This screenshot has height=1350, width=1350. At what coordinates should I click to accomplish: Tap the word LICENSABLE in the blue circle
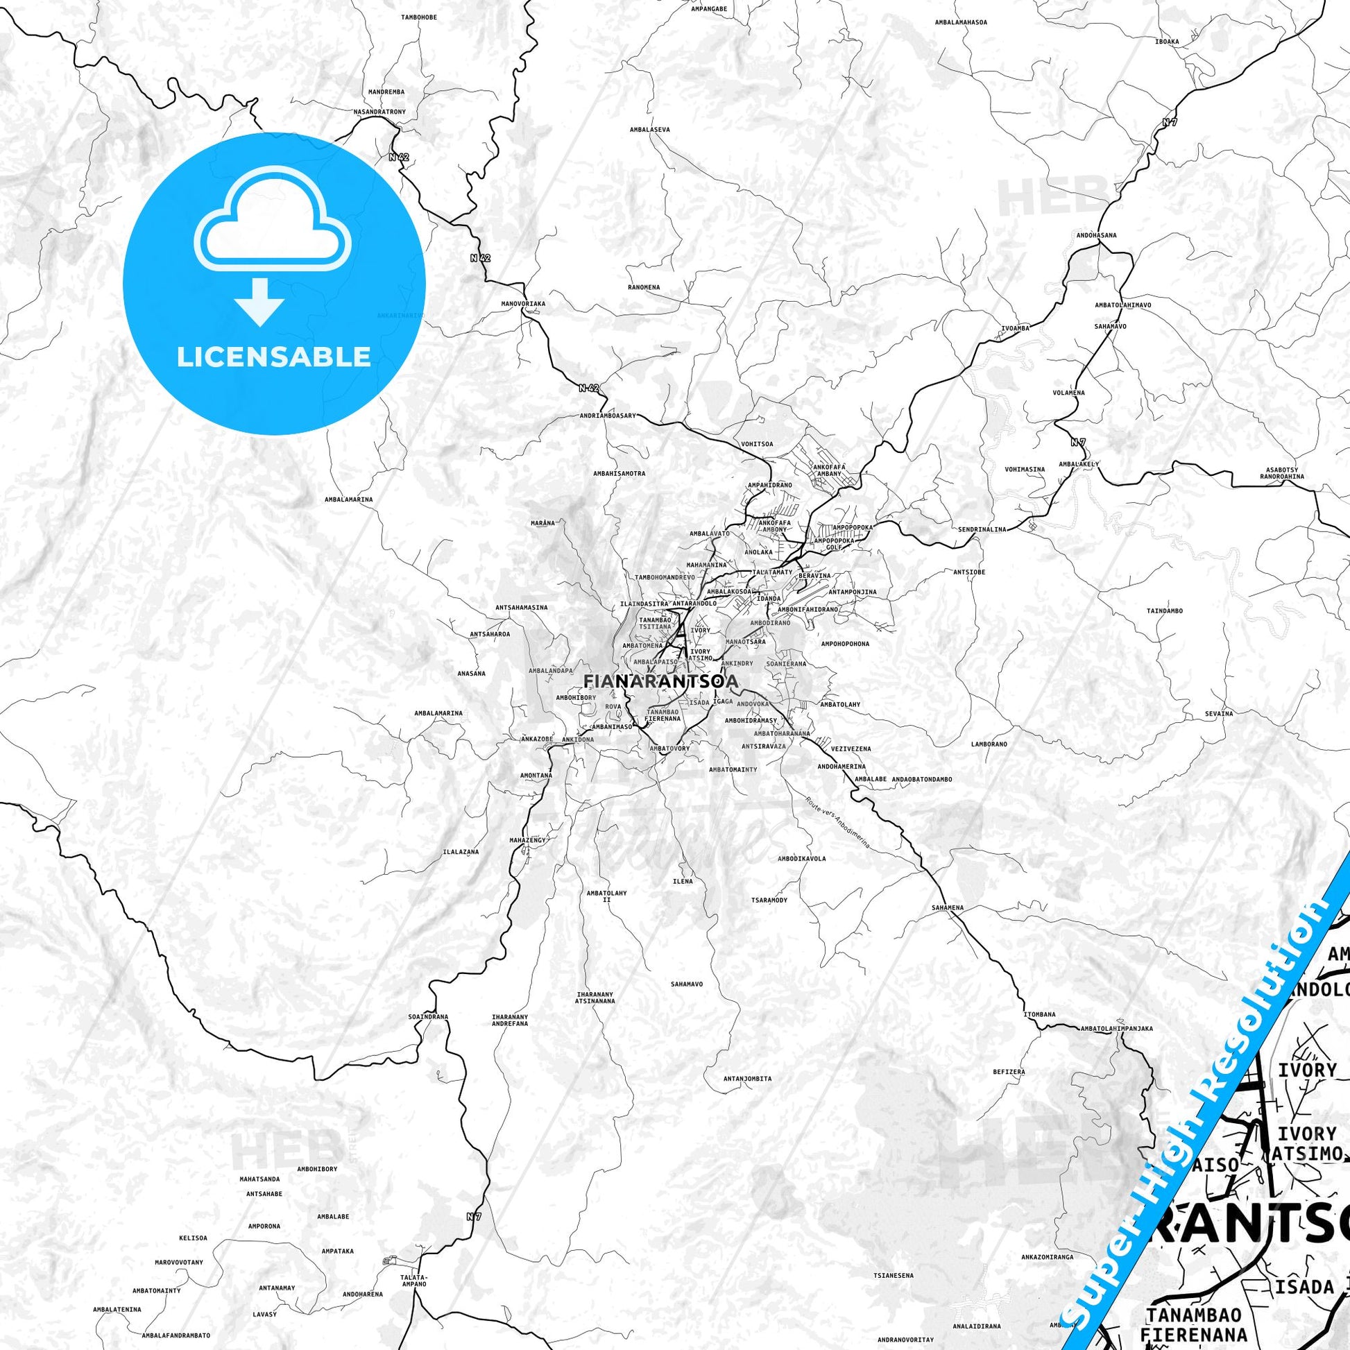273,357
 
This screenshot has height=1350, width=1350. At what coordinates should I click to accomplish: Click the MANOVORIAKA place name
522,304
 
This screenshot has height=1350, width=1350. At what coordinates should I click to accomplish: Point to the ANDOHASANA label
1096,235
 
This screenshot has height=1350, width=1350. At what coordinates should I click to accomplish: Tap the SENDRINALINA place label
982,529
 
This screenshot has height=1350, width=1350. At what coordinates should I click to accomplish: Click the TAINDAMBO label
1164,610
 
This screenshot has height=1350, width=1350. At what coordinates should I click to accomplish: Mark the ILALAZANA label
461,853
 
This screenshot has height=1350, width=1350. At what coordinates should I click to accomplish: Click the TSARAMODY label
769,900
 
